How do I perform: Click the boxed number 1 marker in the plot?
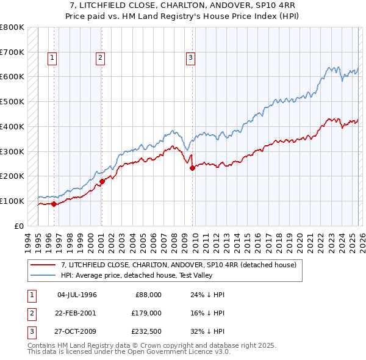(52, 58)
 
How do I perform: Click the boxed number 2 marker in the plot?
(100, 58)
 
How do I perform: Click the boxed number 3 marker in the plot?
(190, 58)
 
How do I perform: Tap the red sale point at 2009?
(192, 168)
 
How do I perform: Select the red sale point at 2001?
(102, 181)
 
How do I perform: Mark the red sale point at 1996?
(54, 204)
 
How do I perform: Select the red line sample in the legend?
(43, 265)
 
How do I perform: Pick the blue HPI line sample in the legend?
(43, 275)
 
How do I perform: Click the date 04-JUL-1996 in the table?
(77, 295)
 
